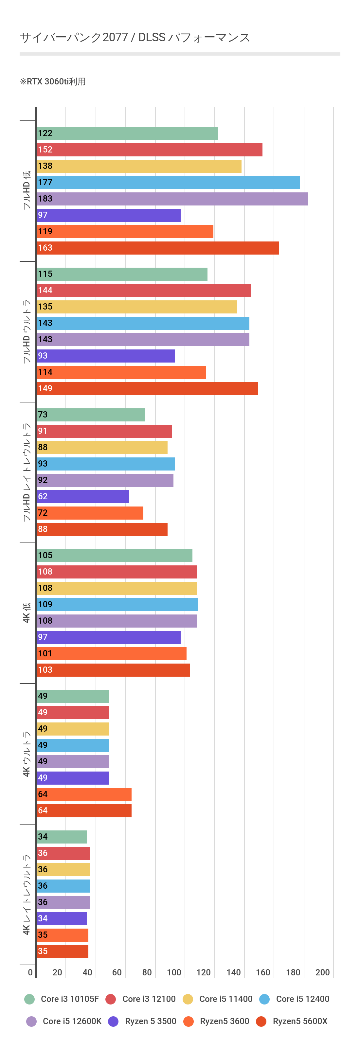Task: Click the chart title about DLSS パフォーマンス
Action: [x=135, y=37]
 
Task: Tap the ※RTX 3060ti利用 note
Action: [x=53, y=81]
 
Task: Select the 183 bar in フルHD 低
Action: [x=172, y=199]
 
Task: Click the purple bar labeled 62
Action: [x=83, y=496]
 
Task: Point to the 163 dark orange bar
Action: [x=157, y=248]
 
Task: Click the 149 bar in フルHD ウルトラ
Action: [x=147, y=388]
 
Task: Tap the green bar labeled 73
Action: [x=91, y=415]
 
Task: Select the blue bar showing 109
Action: [x=117, y=604]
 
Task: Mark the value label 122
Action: [x=45, y=133]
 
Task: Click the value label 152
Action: [x=45, y=150]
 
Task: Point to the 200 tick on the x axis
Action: [x=323, y=972]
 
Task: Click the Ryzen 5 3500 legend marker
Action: [x=113, y=1021]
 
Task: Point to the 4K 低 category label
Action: [x=27, y=613]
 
